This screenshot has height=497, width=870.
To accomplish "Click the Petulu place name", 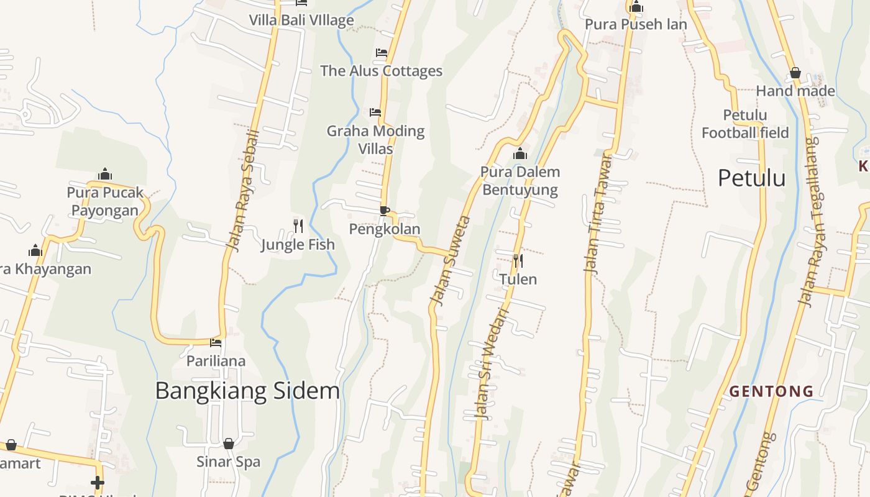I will tap(751, 178).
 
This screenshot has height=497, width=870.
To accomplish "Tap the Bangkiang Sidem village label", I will tap(247, 391).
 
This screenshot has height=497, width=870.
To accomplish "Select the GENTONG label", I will tap(771, 391).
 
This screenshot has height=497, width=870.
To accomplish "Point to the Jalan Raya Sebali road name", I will tap(242, 191).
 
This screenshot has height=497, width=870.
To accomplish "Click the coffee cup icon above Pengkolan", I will tap(384, 211).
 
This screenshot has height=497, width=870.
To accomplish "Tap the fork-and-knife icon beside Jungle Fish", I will tap(298, 226).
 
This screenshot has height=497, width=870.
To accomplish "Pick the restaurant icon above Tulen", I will tap(518, 260).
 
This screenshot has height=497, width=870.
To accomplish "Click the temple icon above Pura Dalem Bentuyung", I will tap(520, 153).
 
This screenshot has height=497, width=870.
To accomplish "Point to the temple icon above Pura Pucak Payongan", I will tap(105, 174).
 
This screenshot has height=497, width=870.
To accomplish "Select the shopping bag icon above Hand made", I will tap(795, 73).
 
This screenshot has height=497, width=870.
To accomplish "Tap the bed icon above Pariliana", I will tap(216, 342).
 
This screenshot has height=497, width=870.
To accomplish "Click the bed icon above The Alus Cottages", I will tap(381, 53).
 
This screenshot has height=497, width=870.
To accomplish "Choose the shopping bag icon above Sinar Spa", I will tap(229, 444).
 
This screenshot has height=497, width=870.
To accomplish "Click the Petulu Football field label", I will tap(745, 124).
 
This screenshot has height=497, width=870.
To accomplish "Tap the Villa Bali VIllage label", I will tap(301, 20).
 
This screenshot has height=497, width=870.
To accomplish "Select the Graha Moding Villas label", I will tap(375, 140).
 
